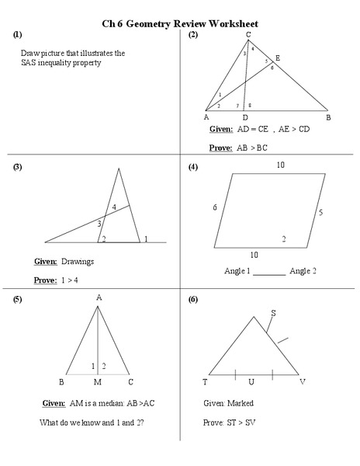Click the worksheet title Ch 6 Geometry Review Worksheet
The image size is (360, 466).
click(x=180, y=24)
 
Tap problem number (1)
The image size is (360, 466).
click(x=17, y=35)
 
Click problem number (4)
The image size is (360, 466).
click(x=193, y=167)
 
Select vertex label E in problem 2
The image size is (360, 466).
click(x=278, y=58)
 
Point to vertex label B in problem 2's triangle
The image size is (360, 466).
click(x=327, y=117)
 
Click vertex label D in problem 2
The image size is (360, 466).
click(x=244, y=117)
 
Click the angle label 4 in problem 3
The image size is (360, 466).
click(x=114, y=207)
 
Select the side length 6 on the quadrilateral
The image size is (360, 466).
click(x=215, y=207)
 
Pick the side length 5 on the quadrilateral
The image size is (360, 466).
click(x=320, y=212)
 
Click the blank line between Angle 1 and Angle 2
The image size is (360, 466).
click(x=269, y=272)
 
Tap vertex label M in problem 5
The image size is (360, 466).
click(x=98, y=382)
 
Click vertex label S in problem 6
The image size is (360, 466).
click(x=272, y=314)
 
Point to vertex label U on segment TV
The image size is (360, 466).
click(x=251, y=382)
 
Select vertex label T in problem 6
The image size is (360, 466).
click(x=205, y=382)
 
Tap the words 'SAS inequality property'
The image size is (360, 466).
click(x=61, y=63)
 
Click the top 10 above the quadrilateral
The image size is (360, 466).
click(x=281, y=165)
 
